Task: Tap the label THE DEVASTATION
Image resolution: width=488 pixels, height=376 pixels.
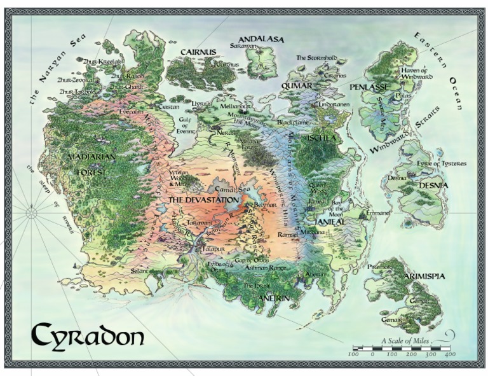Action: coord(203,200)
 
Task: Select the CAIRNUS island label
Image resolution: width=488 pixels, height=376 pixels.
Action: coord(198,52)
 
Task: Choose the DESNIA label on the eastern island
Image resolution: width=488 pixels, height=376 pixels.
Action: coord(433,185)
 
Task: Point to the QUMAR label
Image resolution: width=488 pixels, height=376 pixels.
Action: coord(297,85)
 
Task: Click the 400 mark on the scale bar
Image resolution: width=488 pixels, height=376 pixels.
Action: coord(449,354)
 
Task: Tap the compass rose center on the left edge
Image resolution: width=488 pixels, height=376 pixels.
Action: coord(31,213)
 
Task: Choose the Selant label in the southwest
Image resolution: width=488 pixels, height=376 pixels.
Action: coord(140,271)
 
